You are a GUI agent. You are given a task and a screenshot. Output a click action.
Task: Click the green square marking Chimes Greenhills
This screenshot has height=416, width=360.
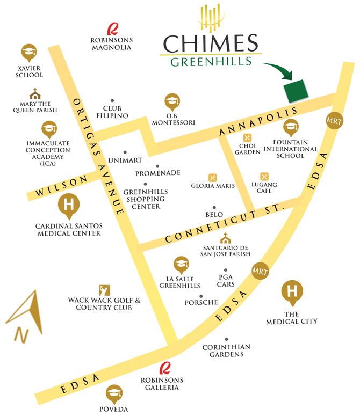click(297, 90)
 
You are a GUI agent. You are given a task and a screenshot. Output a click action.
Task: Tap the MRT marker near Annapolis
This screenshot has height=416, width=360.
click(333, 121)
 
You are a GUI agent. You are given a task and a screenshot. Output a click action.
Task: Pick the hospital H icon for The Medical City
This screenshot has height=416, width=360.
click(292, 293)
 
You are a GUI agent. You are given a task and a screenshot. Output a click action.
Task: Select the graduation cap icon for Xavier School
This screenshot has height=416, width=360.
click(29, 53)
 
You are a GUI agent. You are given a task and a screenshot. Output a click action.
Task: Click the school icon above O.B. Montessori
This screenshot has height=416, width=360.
click(172, 101)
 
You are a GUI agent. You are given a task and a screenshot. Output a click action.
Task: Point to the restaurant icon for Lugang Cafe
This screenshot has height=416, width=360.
click(264, 177)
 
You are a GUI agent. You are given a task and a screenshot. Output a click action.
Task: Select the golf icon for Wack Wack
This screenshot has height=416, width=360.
click(104, 290)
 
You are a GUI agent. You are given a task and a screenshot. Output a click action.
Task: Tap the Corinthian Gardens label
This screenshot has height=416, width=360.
click(227, 351)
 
